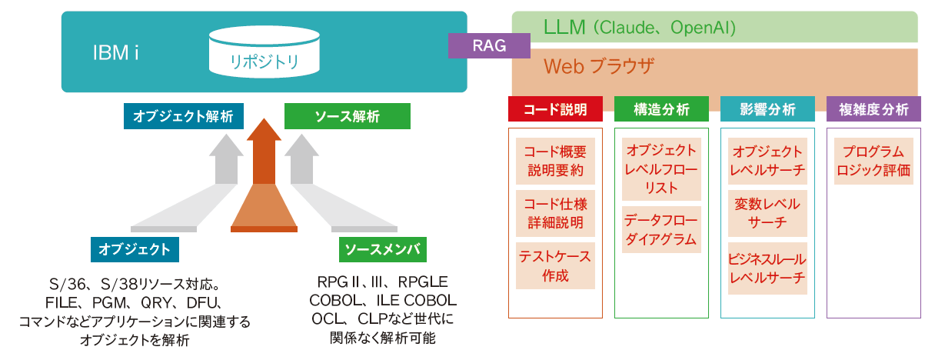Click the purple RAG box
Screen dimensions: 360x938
pyautogui.click(x=489, y=46)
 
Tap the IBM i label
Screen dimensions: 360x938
pyautogui.click(x=115, y=52)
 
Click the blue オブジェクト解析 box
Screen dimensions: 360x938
pyautogui.click(x=184, y=116)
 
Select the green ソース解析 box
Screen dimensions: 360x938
pyautogui.click(x=347, y=116)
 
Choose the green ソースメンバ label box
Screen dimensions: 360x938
pyautogui.click(x=382, y=249)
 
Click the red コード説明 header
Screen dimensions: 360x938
pyautogui.click(x=554, y=108)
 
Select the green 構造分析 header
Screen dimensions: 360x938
pyautogui.click(x=660, y=108)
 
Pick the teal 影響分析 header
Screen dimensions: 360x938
pyautogui.click(x=767, y=108)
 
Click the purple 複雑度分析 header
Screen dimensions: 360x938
pyautogui.click(x=873, y=108)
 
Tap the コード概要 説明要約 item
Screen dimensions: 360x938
pyautogui.click(x=554, y=160)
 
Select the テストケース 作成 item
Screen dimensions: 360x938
pyautogui.click(x=554, y=266)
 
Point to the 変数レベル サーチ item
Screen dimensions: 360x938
pyautogui.click(x=767, y=213)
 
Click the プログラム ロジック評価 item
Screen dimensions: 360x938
pyautogui.click(x=873, y=160)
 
